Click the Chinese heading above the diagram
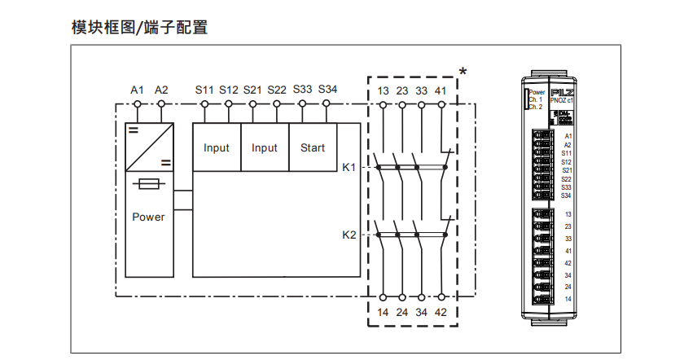(x=139, y=28)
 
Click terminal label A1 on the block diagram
(x=138, y=89)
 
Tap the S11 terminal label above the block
(x=204, y=89)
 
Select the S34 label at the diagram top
(x=327, y=89)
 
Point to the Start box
(x=313, y=147)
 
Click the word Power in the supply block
(x=148, y=217)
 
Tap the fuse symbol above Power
(x=148, y=185)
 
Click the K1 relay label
(x=349, y=167)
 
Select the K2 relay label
(x=349, y=235)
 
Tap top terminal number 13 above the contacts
(x=383, y=90)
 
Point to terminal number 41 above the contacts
(x=441, y=90)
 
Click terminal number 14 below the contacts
(x=383, y=311)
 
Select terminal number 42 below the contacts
(x=441, y=311)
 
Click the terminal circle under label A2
(x=161, y=104)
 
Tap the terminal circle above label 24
(x=402, y=296)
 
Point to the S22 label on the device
(x=567, y=178)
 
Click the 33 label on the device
(x=568, y=239)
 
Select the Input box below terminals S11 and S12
(x=217, y=147)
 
